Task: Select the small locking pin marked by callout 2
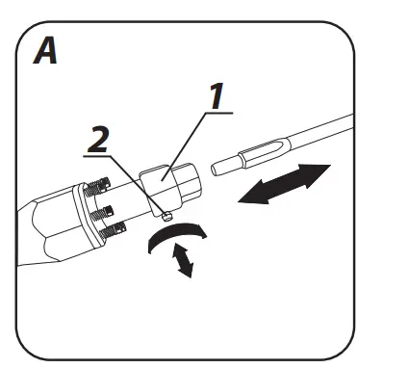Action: pos(165,216)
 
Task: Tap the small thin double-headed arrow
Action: pos(179,260)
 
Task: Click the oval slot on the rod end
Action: pos(261,149)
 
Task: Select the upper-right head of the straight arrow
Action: pos(313,172)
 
